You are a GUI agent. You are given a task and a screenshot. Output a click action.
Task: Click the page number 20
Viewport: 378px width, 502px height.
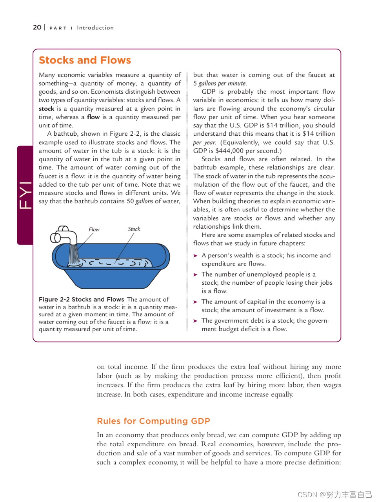click(x=37, y=27)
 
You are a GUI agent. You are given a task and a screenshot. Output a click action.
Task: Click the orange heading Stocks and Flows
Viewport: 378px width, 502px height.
click(x=85, y=60)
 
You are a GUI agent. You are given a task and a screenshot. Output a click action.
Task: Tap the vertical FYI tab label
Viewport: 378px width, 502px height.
click(x=25, y=195)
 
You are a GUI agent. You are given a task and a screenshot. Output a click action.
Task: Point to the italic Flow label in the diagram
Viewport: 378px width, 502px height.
click(x=94, y=229)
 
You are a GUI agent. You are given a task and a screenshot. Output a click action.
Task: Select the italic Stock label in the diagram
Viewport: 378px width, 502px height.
click(x=134, y=229)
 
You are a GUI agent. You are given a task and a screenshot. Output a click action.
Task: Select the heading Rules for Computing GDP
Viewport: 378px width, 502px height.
click(x=153, y=421)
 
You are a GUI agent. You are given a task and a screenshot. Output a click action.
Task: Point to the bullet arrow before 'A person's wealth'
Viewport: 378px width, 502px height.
click(x=195, y=256)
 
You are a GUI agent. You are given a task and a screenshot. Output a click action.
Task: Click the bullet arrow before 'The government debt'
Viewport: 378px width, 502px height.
click(x=195, y=321)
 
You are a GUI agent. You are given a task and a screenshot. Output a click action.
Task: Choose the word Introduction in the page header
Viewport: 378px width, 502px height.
click(x=95, y=28)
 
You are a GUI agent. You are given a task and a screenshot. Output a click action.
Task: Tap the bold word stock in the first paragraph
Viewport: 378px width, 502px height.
click(x=46, y=109)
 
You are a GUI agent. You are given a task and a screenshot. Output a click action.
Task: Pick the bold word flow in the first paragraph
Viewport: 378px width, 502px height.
click(x=93, y=117)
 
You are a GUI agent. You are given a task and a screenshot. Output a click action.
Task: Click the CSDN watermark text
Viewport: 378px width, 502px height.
click(x=334, y=495)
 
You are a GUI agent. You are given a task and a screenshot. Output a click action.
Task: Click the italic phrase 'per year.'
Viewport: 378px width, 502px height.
click(x=204, y=142)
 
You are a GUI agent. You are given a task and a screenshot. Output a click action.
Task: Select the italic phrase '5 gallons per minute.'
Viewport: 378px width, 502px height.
click(x=220, y=83)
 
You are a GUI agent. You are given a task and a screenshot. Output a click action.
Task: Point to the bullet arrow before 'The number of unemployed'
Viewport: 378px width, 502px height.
click(x=195, y=275)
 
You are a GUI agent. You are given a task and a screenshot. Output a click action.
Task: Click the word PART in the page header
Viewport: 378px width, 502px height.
click(x=58, y=28)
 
